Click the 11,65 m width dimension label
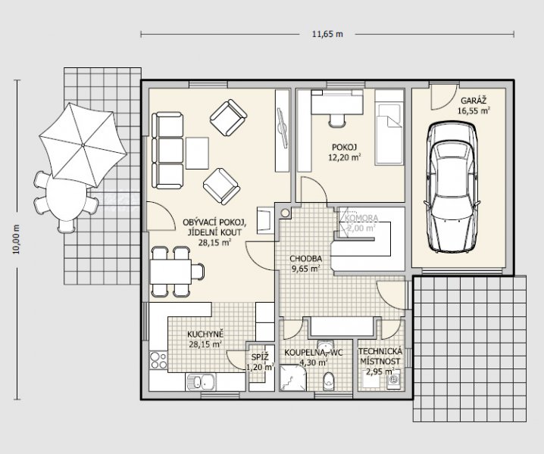tap(327, 34)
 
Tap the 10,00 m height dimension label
tap(17, 239)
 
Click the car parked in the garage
tap(451, 187)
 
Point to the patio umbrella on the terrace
tap(83, 145)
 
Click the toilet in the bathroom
tap(328, 381)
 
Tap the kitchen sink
tap(201, 382)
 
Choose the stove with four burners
tap(158, 360)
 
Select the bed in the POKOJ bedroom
tap(389, 127)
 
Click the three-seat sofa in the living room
tap(167, 151)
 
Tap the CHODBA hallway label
tap(305, 259)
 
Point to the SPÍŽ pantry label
tap(260, 357)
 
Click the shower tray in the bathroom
tap(293, 378)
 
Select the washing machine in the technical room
tap(394, 380)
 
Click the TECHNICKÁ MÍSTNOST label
tap(380, 356)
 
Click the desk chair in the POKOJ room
tap(337, 120)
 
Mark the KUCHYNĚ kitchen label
tap(205, 334)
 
